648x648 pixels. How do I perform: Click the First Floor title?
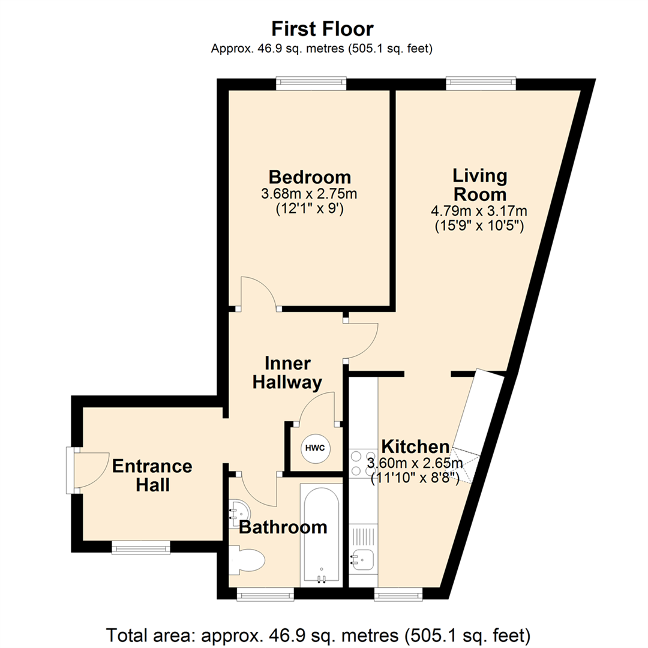[323, 29]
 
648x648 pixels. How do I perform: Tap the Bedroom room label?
[310, 178]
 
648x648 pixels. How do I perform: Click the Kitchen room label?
[416, 446]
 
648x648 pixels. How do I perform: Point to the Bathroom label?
[283, 527]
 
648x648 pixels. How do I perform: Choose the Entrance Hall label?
[152, 475]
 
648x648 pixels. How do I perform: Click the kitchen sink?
[363, 560]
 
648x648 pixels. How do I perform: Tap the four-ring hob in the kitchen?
[363, 463]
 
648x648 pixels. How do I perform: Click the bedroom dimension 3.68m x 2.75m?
[310, 194]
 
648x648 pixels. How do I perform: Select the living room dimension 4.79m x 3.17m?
[479, 211]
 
